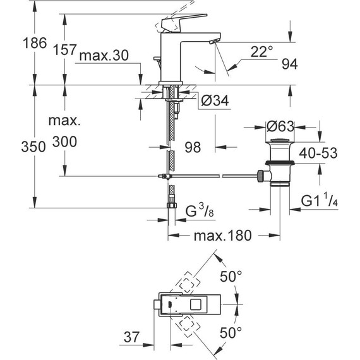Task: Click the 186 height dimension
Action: tap(35, 43)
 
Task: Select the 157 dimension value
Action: tap(64, 50)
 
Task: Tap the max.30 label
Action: tap(104, 56)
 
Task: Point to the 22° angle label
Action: tap(262, 51)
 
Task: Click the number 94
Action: tap(290, 64)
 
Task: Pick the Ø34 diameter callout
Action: tap(215, 100)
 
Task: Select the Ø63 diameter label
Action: tap(280, 126)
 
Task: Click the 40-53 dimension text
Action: tap(318, 153)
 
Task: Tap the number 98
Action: tap(193, 147)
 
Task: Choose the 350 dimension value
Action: tap(33, 147)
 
